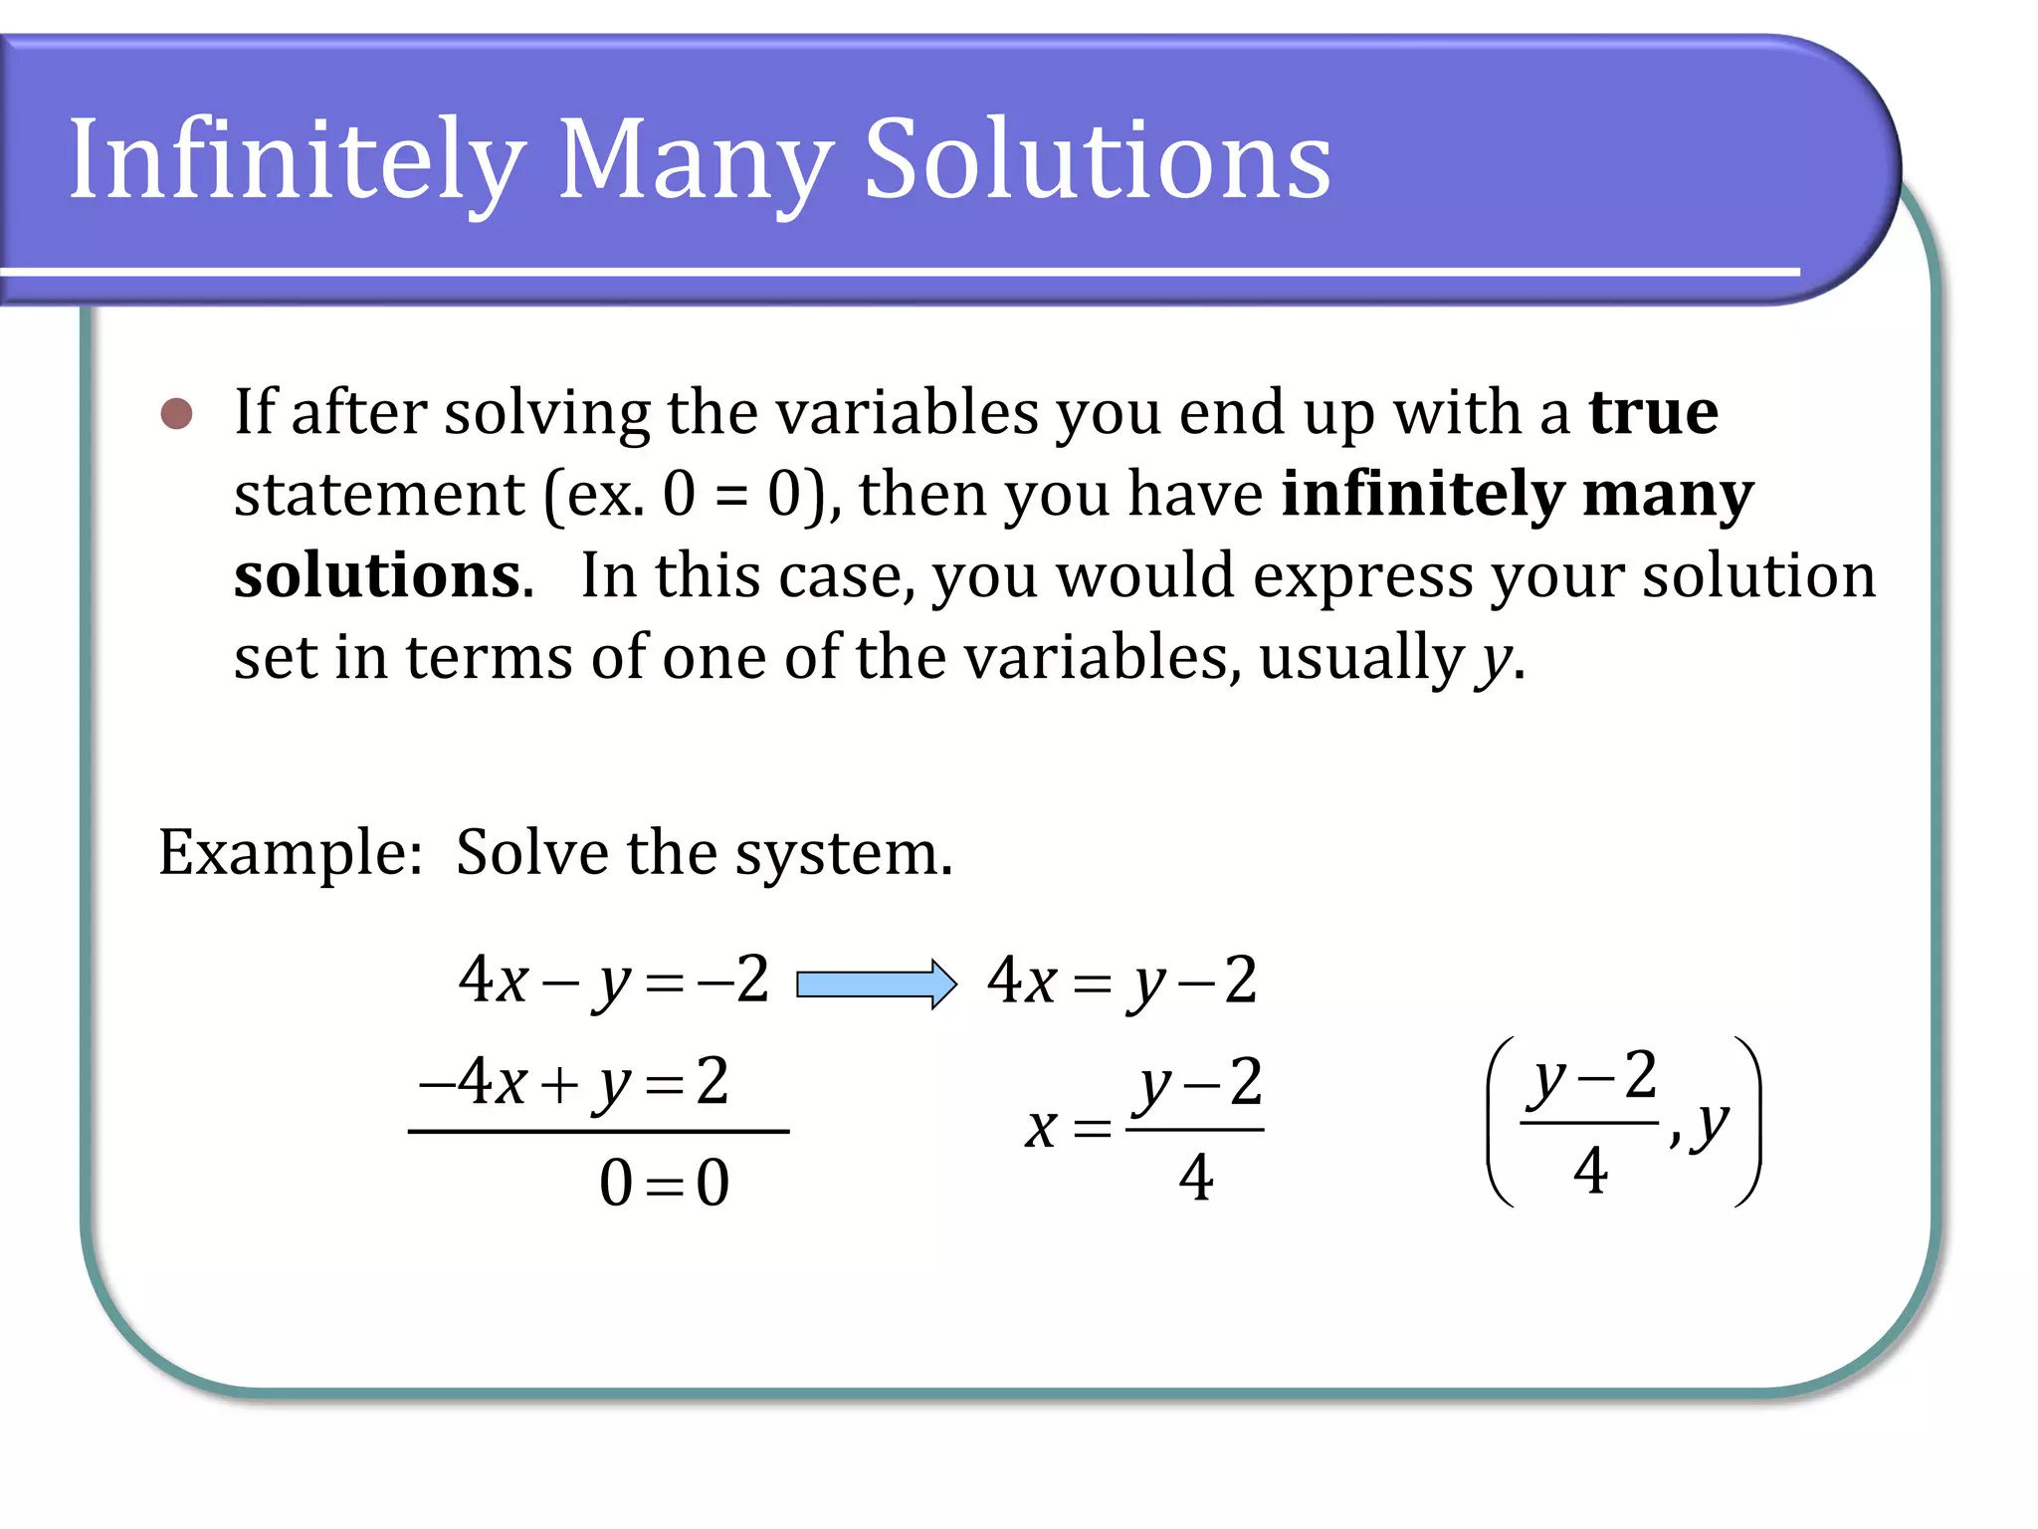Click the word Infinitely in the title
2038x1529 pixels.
point(297,159)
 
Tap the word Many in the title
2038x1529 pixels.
point(695,159)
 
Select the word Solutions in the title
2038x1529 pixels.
point(1097,159)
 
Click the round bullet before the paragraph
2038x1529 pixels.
point(177,413)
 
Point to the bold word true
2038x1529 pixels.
point(1653,412)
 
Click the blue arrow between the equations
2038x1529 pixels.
point(876,983)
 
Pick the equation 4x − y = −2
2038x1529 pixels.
point(613,981)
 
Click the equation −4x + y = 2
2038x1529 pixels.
point(574,1082)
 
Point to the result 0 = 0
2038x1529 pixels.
point(664,1184)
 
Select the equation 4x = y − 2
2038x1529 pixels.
point(1122,981)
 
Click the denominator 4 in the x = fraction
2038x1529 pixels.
point(1195,1179)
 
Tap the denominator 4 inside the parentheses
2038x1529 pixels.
point(1590,1171)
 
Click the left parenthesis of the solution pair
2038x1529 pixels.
point(1499,1122)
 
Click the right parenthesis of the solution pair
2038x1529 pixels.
point(1749,1122)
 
